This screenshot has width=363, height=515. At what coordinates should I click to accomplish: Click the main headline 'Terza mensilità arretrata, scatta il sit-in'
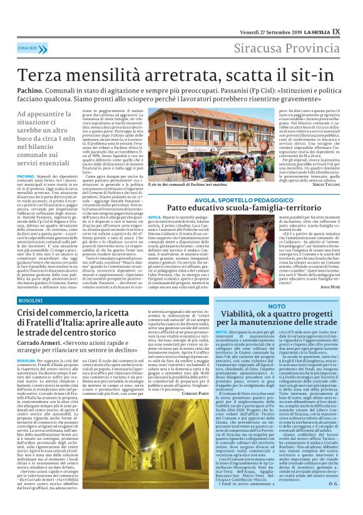pyautogui.click(x=181, y=73)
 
